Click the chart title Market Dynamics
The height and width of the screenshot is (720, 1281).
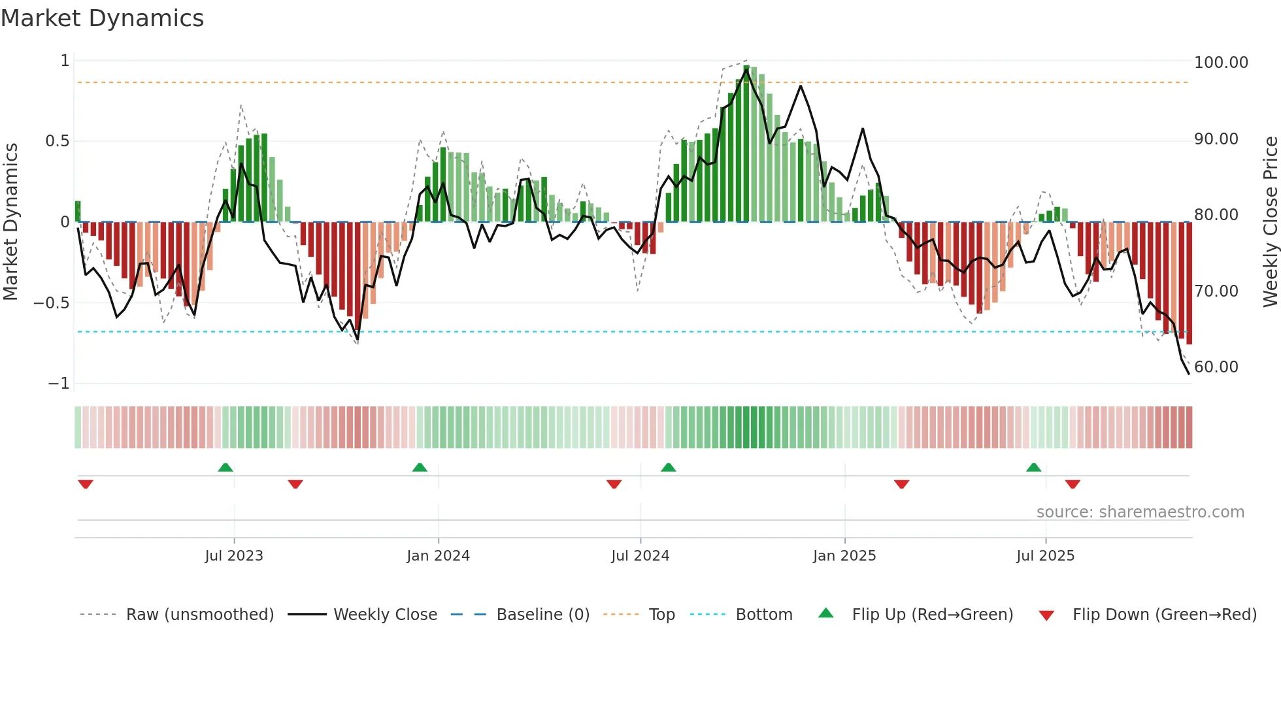click(x=102, y=18)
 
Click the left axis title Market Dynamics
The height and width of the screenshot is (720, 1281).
click(x=10, y=222)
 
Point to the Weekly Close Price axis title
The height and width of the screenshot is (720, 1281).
click(x=1270, y=222)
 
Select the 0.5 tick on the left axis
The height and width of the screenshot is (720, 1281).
click(x=57, y=141)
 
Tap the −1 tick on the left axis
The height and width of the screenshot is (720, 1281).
click(x=58, y=384)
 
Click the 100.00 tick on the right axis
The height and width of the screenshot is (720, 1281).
click(x=1220, y=63)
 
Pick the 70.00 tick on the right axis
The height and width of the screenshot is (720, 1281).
click(x=1216, y=291)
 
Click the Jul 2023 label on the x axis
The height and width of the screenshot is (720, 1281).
click(x=234, y=556)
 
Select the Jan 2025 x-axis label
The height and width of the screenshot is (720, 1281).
click(x=844, y=556)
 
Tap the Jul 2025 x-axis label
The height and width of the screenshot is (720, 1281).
click(x=1045, y=556)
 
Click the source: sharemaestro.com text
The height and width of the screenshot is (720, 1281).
click(x=1140, y=512)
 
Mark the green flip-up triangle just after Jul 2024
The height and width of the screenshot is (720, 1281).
click(x=668, y=468)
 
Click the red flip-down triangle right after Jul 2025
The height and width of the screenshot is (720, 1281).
click(x=1073, y=484)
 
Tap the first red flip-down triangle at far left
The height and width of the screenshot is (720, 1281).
click(x=86, y=484)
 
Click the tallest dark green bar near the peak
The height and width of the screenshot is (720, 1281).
click(x=746, y=144)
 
